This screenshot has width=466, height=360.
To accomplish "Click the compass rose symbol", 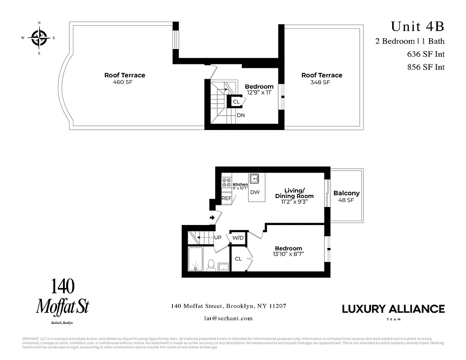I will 39,37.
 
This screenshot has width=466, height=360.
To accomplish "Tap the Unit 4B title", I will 417,26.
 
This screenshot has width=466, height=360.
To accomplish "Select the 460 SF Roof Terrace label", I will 125,78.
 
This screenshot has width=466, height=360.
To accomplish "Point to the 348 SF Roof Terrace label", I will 321,78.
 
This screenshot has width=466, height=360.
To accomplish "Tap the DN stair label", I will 240,115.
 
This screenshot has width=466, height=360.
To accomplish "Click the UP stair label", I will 217,237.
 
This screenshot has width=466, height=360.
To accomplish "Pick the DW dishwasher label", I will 255,192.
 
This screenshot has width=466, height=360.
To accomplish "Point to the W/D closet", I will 238,238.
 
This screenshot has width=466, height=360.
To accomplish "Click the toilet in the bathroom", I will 210,265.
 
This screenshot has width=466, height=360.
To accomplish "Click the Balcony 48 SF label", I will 346,197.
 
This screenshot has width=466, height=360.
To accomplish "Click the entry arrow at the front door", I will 213,218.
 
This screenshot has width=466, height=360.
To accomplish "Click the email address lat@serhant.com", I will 228,318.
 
